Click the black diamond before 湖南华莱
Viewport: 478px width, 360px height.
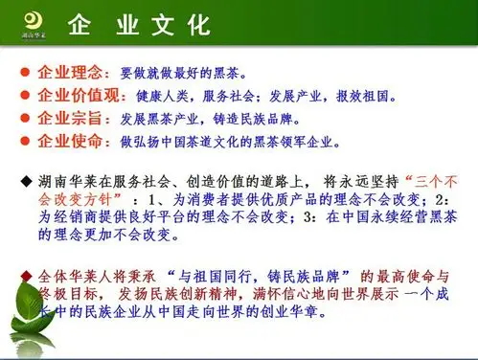[x=26, y=181]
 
